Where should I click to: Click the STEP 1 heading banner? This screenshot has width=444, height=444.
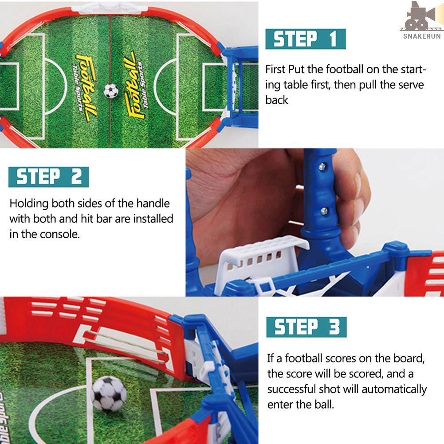point(305,39)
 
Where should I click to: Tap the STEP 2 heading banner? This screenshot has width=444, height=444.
point(48,177)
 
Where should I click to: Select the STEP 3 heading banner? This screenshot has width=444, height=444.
point(306,327)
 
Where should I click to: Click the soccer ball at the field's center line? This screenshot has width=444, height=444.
point(111,91)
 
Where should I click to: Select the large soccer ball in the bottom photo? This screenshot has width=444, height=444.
point(109,393)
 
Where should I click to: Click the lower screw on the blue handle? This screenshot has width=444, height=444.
point(324,211)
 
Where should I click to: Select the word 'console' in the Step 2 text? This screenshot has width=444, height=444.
point(60,234)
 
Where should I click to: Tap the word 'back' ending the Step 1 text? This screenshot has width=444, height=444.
point(277,100)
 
